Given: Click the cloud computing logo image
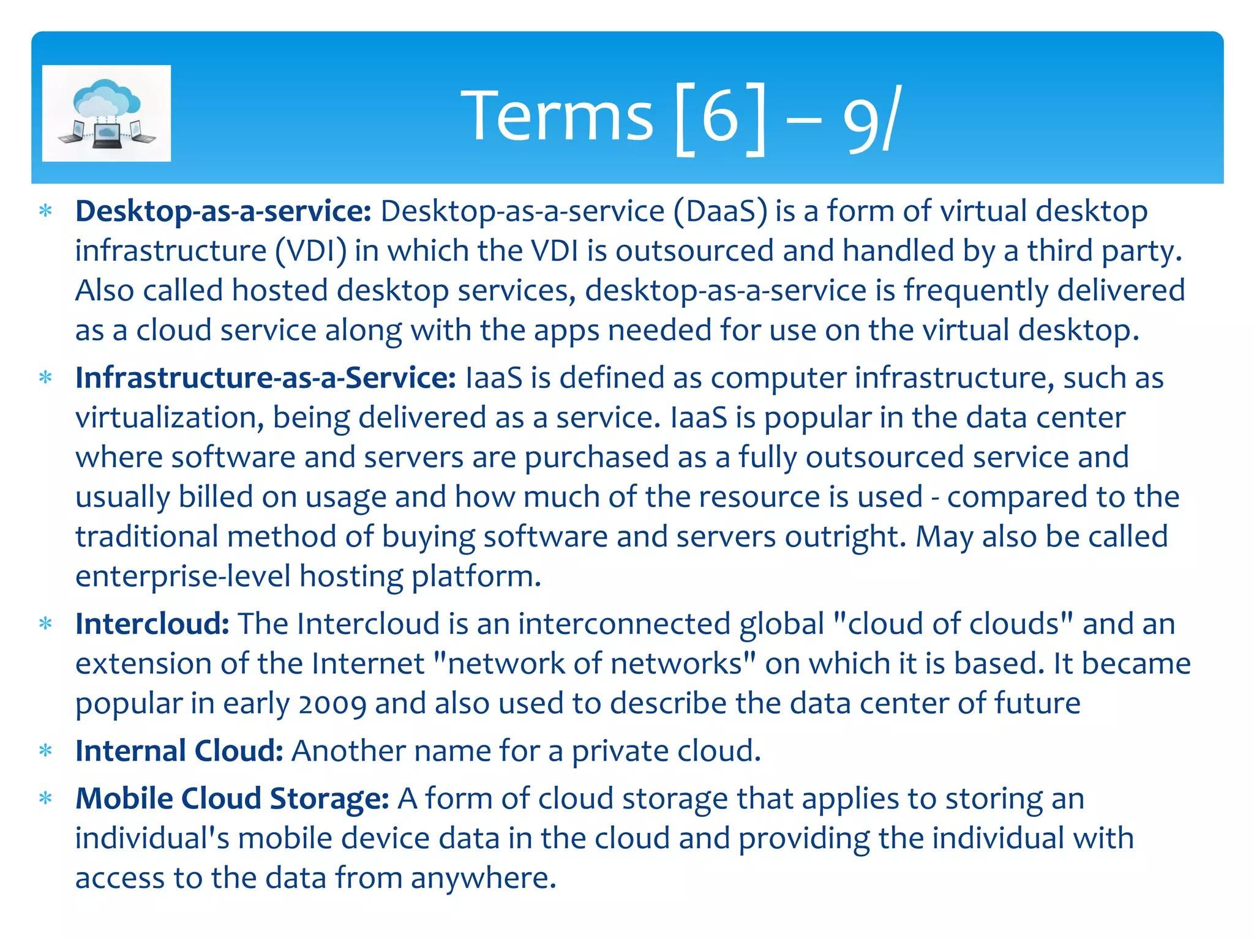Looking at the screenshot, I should tap(107, 113).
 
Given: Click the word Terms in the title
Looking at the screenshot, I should tap(557, 116).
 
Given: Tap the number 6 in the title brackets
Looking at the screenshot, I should tap(720, 116).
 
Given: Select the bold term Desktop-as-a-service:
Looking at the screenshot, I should tap(223, 212).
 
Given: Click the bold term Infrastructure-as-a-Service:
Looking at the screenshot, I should tap(265, 378).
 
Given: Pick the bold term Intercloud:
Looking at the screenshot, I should tap(152, 624).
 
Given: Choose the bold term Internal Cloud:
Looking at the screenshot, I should tap(179, 751).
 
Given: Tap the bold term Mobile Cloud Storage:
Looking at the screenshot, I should tap(232, 799).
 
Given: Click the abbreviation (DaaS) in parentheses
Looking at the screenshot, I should tap(720, 212).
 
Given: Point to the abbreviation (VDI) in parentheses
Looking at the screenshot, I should tap(310, 252).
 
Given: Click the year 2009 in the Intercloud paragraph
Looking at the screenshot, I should tap(332, 704).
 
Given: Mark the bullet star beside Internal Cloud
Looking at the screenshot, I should tap(45, 751).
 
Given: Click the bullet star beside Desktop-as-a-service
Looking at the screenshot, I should tap(45, 212).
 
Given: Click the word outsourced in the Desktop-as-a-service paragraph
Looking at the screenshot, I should tap(694, 252).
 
